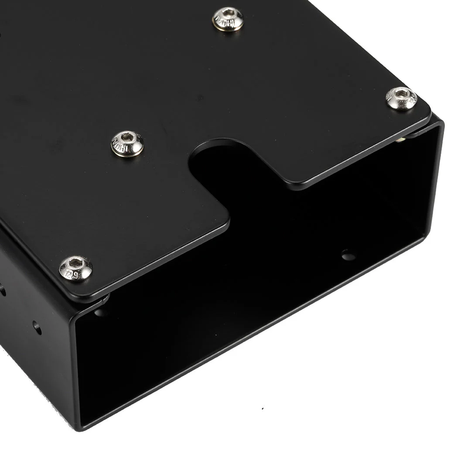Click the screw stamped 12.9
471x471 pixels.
point(76,268)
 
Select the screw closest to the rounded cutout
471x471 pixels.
point(127,143)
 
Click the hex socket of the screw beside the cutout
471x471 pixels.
point(127,137)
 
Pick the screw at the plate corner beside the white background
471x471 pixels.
point(401,98)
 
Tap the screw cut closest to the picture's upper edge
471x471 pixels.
point(228,19)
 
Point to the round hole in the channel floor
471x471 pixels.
point(348,255)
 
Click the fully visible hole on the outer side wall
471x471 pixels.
point(37,328)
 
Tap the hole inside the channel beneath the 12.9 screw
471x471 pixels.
point(100,312)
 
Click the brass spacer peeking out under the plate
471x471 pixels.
point(400,139)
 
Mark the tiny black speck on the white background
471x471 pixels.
point(262,409)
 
